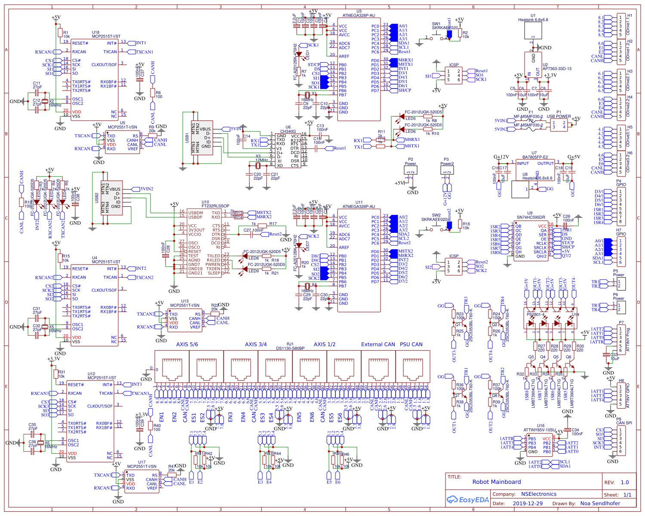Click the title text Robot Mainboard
(x=496, y=482)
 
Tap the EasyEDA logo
(x=468, y=500)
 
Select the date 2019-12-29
(x=528, y=504)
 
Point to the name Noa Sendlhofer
(x=600, y=504)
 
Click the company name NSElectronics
(x=538, y=494)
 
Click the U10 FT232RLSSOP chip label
(x=215, y=206)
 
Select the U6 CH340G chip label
(x=288, y=131)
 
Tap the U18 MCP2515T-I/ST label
(x=106, y=37)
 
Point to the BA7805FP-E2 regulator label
(x=535, y=157)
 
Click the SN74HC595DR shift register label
(x=531, y=217)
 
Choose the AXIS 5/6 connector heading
(x=187, y=345)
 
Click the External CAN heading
(x=378, y=345)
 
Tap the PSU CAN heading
(x=411, y=345)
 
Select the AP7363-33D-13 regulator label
(x=557, y=69)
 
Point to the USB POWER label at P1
(x=559, y=116)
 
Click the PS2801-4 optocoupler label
(x=536, y=314)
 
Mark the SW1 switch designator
(x=436, y=24)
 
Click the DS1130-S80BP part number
(x=290, y=348)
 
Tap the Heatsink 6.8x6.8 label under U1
(x=533, y=20)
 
